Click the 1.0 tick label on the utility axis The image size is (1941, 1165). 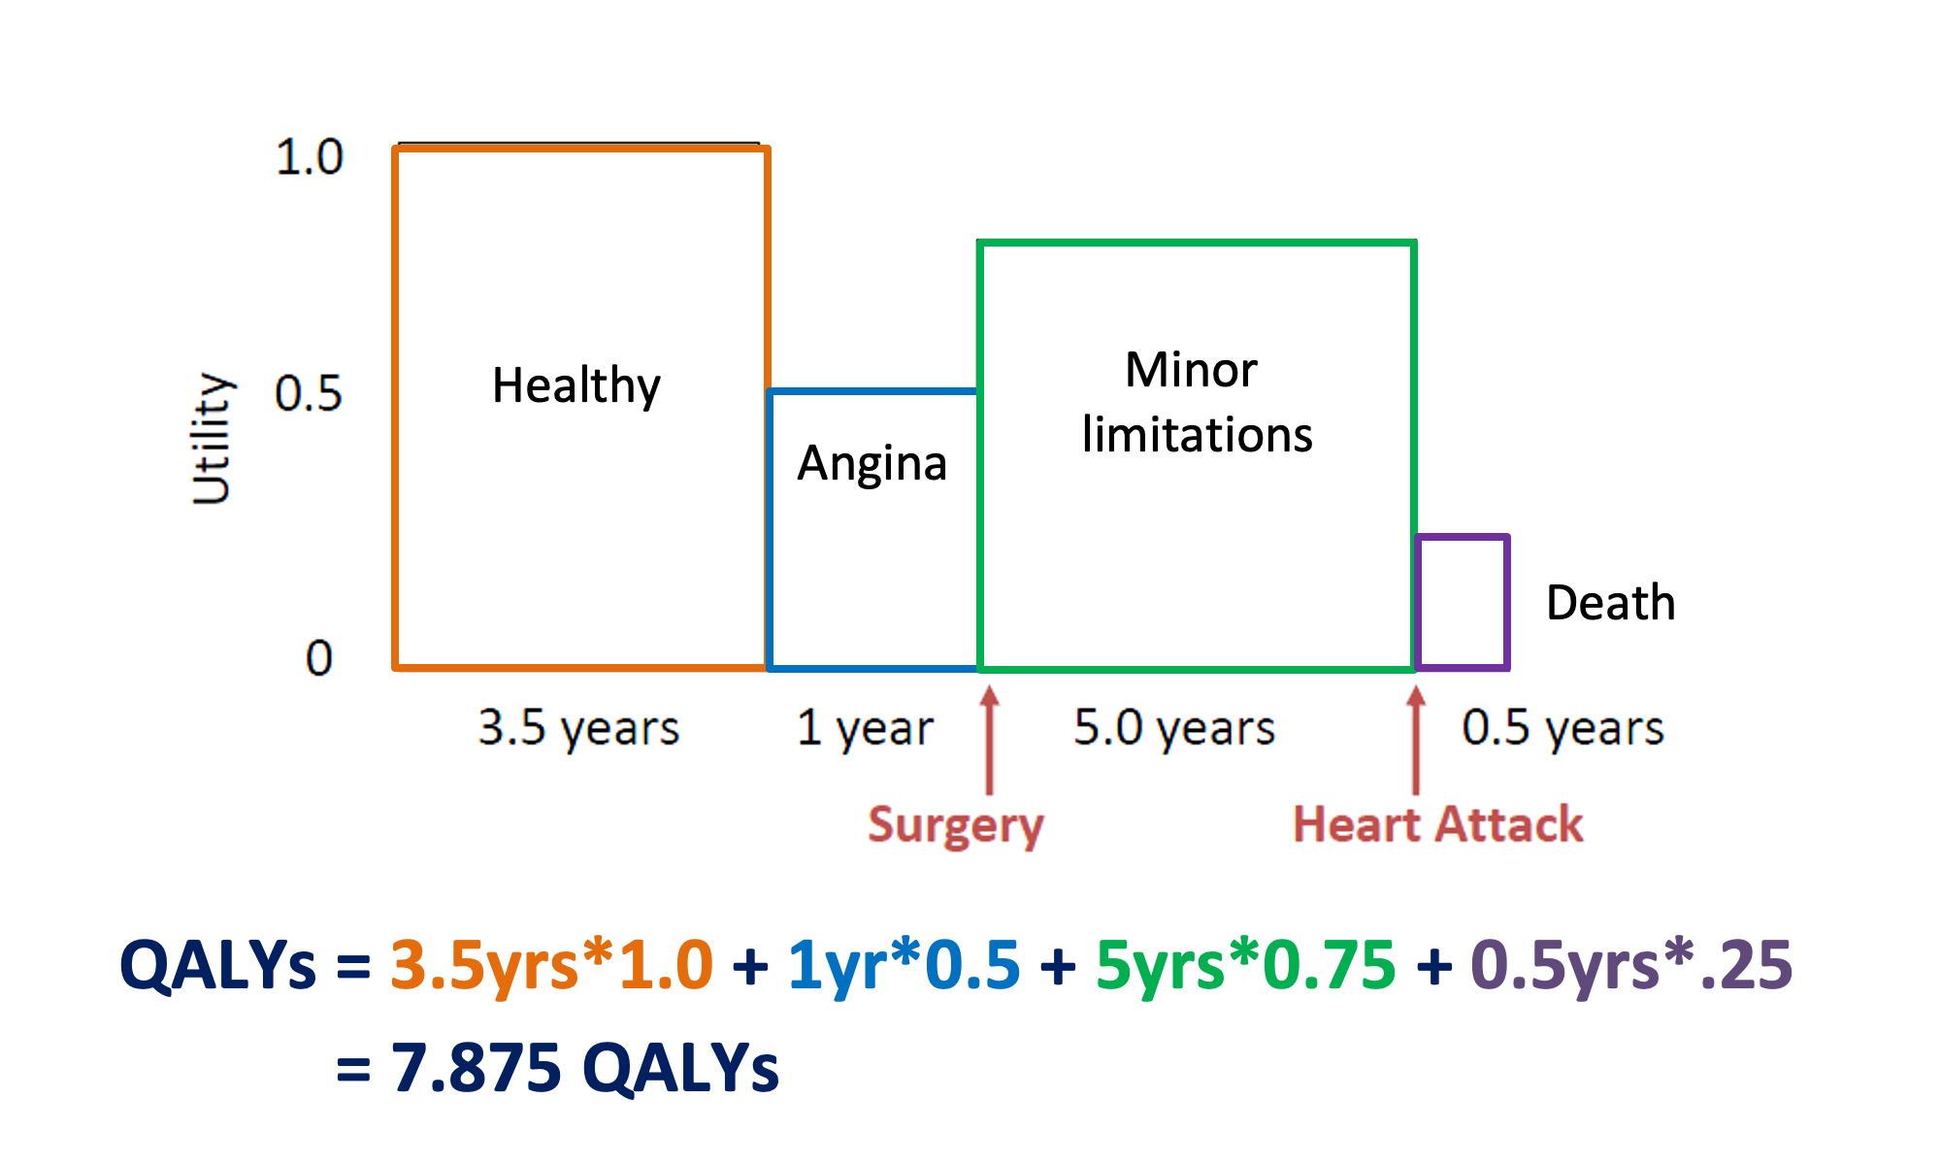[310, 157]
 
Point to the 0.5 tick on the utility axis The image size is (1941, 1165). [309, 394]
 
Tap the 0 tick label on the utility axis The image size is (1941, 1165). [319, 658]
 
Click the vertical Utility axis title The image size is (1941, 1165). [211, 439]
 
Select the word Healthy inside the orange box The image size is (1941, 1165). [576, 386]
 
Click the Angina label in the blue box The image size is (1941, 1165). [872, 464]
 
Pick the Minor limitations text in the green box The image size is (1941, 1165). [1196, 402]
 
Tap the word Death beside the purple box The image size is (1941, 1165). [1610, 603]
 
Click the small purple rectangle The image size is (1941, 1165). [1462, 602]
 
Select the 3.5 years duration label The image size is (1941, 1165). [578, 728]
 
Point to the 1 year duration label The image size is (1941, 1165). [865, 728]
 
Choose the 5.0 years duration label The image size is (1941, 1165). [1174, 728]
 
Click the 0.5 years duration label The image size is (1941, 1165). [1563, 728]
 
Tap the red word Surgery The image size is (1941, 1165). [955, 825]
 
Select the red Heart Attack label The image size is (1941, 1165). [1437, 825]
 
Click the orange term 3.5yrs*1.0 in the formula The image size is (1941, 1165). [551, 966]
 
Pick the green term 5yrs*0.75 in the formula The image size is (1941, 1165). [1245, 966]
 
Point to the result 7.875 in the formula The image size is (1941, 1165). [477, 1068]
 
